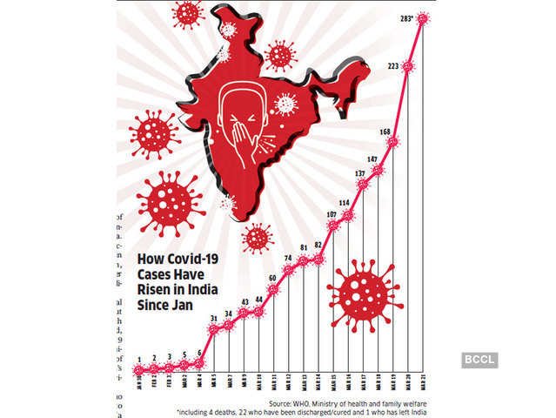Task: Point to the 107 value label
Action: tap(331, 213)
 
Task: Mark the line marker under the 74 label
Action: tap(289, 270)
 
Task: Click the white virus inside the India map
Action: tap(285, 104)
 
